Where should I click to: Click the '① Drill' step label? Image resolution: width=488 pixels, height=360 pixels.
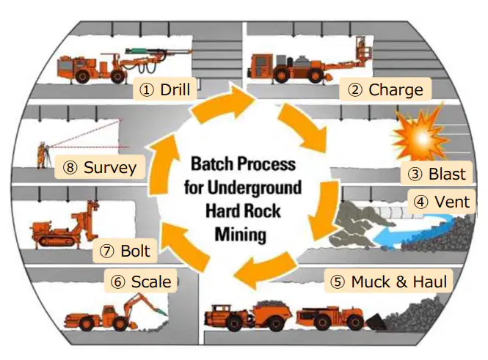pyautogui.click(x=164, y=89)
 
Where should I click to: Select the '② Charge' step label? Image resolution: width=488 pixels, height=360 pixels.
pyautogui.click(x=385, y=89)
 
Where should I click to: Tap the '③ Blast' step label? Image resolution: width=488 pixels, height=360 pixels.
pyautogui.click(x=437, y=174)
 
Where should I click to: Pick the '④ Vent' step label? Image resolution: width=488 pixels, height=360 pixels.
pyautogui.click(x=441, y=202)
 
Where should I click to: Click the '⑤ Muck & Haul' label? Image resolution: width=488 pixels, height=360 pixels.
pyautogui.click(x=388, y=282)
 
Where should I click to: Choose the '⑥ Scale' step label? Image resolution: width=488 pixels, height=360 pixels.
pyautogui.click(x=141, y=282)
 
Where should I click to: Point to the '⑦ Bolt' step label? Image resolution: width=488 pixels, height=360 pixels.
pyautogui.click(x=125, y=251)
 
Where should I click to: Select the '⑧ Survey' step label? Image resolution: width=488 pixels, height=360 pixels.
pyautogui.click(x=100, y=167)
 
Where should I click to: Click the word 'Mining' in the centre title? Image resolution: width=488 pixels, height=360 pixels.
pyautogui.click(x=241, y=235)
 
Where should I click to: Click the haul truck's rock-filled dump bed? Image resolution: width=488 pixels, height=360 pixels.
pyautogui.click(x=272, y=311)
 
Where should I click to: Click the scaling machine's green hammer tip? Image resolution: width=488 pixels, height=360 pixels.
pyautogui.click(x=161, y=311)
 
